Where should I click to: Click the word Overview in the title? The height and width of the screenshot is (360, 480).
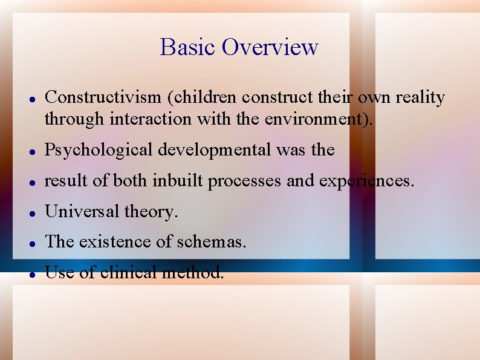point(270,47)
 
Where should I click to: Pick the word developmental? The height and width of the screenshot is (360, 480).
point(209,150)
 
